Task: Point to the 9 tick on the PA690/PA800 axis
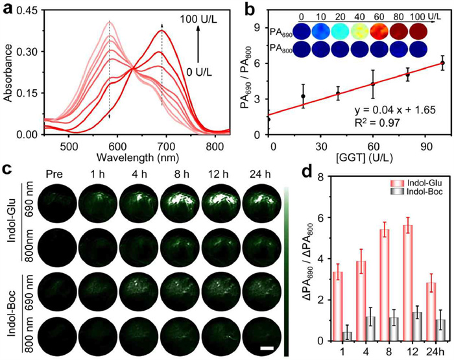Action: pyautogui.click(x=256, y=27)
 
